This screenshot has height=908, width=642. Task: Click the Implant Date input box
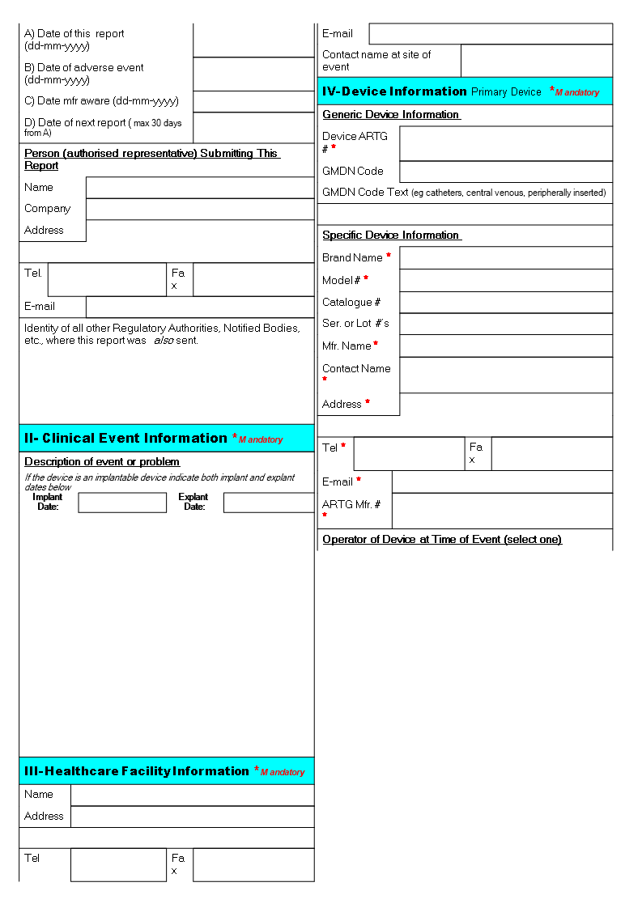point(122,503)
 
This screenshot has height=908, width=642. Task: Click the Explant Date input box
point(268,503)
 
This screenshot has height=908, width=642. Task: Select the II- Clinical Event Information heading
point(126,439)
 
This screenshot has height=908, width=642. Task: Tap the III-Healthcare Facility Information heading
point(137,771)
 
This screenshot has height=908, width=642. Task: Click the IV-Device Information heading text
point(394,91)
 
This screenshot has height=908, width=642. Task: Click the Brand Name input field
point(506,258)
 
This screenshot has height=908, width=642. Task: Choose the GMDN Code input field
point(506,172)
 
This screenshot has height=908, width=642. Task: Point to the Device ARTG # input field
point(506,143)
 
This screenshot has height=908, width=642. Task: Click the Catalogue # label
point(351,303)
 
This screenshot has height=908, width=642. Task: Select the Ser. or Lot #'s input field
point(506,324)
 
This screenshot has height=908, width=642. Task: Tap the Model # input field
point(506,280)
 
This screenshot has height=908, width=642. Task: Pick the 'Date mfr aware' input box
point(253,101)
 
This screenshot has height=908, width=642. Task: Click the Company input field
point(200,209)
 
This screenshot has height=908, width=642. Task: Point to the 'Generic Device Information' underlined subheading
point(391,115)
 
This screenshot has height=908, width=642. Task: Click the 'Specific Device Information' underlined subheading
point(391,235)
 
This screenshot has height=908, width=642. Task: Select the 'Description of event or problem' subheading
point(102,462)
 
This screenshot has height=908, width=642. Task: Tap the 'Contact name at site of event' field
point(536,61)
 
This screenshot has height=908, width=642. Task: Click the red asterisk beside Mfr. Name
point(376,345)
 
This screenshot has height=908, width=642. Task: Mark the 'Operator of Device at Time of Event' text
point(441,540)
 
